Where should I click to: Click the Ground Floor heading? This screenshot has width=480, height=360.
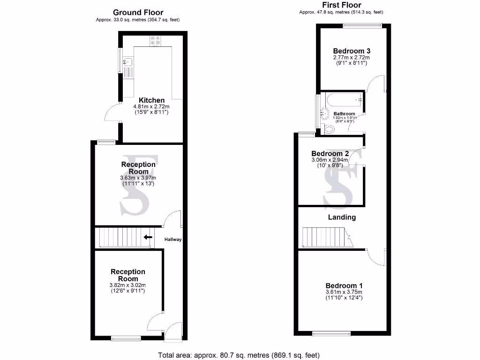pos(138,13)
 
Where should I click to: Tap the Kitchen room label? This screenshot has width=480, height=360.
pos(151,100)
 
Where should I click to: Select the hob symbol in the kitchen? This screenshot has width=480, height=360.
pos(155,41)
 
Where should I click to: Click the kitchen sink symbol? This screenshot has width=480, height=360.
pos(128,61)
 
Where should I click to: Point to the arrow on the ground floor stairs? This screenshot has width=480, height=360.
pos(148,237)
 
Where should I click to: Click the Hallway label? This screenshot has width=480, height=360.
pos(172,240)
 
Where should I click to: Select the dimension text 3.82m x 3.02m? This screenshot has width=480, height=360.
pos(128,285)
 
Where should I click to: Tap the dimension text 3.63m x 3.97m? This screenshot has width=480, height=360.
pos(138,178)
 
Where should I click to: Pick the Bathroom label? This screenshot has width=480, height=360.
pos(344,114)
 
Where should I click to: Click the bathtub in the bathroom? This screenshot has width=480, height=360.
pos(344,99)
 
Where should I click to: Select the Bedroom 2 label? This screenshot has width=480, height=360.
pos(330,154)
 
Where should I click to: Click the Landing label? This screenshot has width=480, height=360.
pos(341,217)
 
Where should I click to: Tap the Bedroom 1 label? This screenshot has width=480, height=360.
pos(344,285)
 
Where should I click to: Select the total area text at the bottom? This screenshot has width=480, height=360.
pos(240,355)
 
